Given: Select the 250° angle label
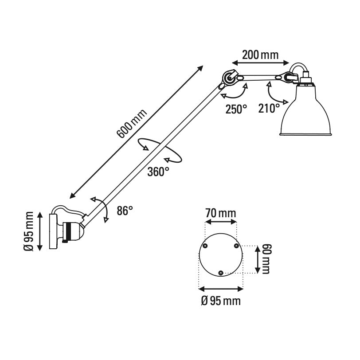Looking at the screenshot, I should (235, 109).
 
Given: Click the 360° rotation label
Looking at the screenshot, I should (158, 171).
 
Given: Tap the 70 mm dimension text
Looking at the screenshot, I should (221, 213).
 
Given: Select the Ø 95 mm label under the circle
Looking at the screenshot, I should (221, 301).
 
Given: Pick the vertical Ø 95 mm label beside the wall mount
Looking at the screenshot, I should (30, 231).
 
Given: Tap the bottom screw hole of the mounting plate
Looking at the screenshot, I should (221, 273).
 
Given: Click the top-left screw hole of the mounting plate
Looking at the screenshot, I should (205, 246).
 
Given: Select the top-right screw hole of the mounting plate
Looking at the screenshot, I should (236, 246).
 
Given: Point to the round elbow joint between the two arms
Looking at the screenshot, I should (229, 78).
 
